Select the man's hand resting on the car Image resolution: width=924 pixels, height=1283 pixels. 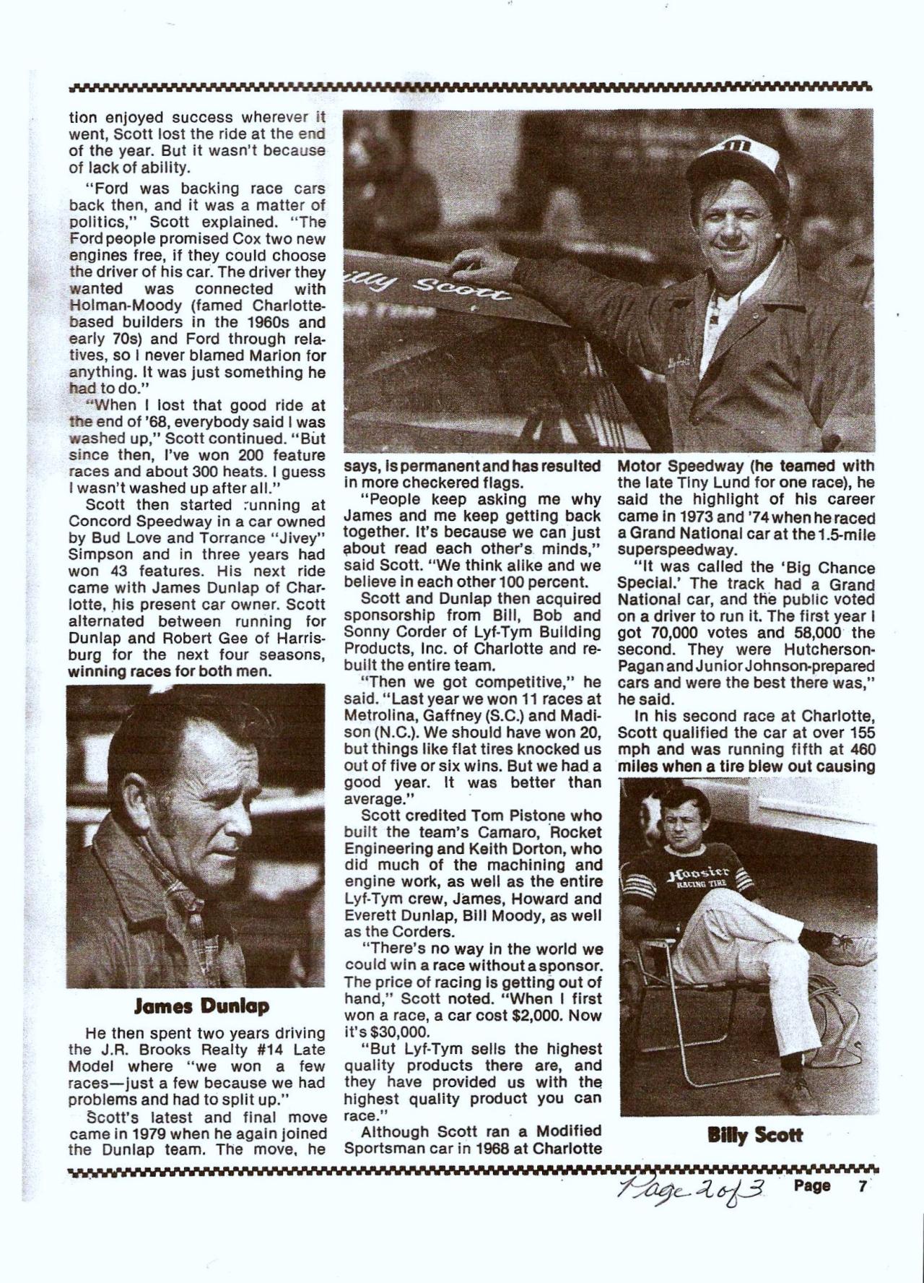(x=473, y=257)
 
